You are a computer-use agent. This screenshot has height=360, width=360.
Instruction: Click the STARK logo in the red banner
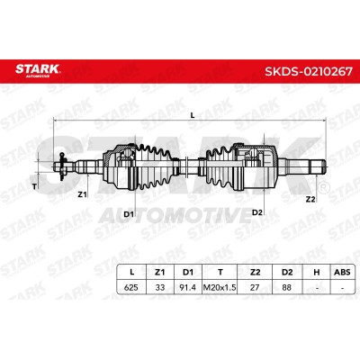tap(38, 70)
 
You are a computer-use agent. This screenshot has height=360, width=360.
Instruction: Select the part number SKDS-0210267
tap(309, 71)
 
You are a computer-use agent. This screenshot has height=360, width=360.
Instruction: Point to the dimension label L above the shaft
tap(193, 115)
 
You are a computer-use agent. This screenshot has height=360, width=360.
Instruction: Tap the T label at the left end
tap(34, 186)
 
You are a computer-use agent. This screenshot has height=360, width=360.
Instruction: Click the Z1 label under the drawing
tap(82, 194)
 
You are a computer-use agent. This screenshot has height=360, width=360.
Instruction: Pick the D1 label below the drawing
tap(129, 214)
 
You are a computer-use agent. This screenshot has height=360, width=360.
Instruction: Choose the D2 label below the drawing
tap(257, 212)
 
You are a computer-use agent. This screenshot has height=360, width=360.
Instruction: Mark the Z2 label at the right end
tap(310, 199)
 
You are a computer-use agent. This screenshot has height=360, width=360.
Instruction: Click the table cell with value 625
tap(131, 287)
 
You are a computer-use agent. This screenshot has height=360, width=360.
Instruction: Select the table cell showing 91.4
tap(188, 287)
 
